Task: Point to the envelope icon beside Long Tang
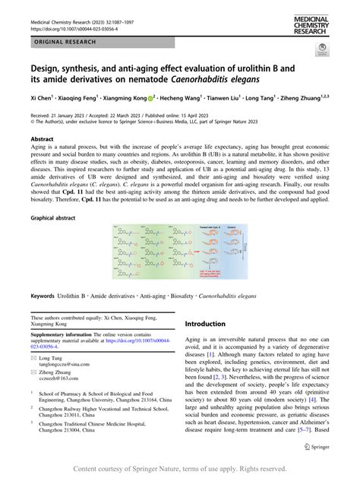(x=33, y=357)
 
